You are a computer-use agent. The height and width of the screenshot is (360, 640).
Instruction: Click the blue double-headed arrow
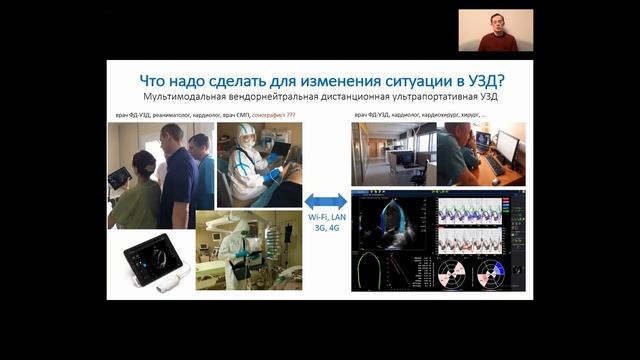pyautogui.click(x=325, y=201)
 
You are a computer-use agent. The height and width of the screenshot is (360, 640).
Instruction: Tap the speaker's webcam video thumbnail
pyautogui.click(x=496, y=31)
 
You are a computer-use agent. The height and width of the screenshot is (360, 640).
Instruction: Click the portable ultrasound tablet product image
pyautogui.click(x=147, y=262)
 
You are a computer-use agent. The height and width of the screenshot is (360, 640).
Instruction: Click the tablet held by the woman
pyautogui.click(x=121, y=177)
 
